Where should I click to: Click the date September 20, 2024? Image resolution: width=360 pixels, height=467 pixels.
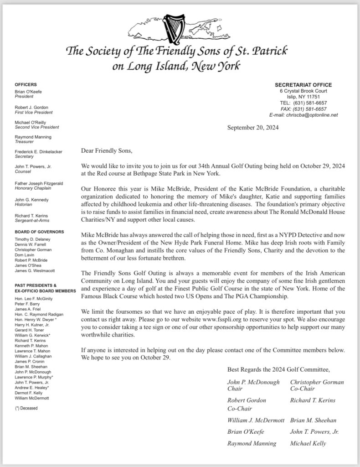[253, 128]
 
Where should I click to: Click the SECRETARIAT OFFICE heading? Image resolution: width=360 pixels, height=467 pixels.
[303, 85]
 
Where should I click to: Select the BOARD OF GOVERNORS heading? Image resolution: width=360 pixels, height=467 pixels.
[39, 232]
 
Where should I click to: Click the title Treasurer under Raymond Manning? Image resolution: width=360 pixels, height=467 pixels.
[26, 142]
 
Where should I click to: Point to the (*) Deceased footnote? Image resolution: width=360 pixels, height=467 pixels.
[26, 408]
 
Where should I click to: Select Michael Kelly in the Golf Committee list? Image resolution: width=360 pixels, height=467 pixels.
[308, 443]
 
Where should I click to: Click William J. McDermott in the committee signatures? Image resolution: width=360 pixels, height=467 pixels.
[256, 420]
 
